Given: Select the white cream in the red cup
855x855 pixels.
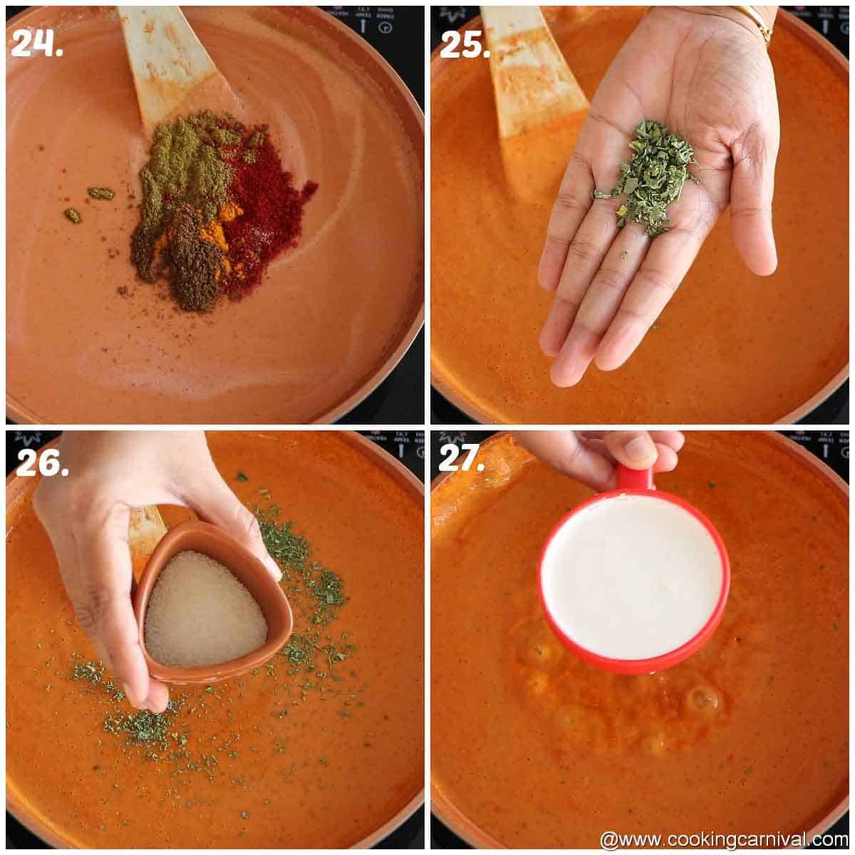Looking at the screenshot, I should pyautogui.click(x=633, y=576).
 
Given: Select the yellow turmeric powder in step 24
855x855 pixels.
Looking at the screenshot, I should pyautogui.click(x=217, y=235).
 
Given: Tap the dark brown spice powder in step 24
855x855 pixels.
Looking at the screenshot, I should pyautogui.click(x=194, y=267).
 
